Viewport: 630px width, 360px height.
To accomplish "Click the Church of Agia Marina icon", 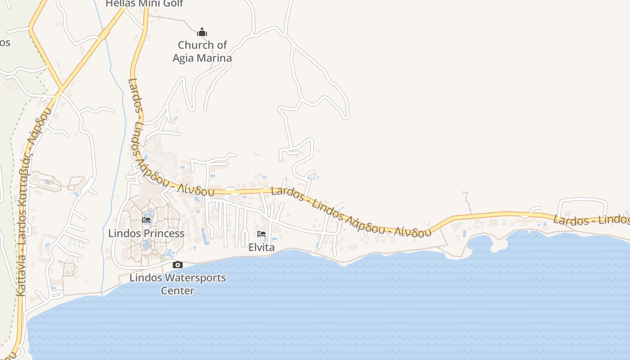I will coord(202,32).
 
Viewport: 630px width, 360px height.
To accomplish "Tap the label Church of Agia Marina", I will coord(202,51).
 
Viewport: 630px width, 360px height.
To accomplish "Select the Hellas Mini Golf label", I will coord(144,4).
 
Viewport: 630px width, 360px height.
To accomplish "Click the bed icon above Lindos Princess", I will coord(146,220).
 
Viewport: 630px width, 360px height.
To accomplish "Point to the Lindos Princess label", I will coord(146,233).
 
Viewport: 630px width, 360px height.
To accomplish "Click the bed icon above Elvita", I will coord(261,234).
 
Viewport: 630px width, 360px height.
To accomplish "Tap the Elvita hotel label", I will coord(261,247).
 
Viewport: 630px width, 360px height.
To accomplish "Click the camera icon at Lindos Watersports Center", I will coord(178,265).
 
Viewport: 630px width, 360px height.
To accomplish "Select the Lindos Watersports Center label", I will coord(178,283).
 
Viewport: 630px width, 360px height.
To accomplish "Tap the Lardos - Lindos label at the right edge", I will coord(589,220).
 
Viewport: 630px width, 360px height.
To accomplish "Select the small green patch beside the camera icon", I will coord(164,258).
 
